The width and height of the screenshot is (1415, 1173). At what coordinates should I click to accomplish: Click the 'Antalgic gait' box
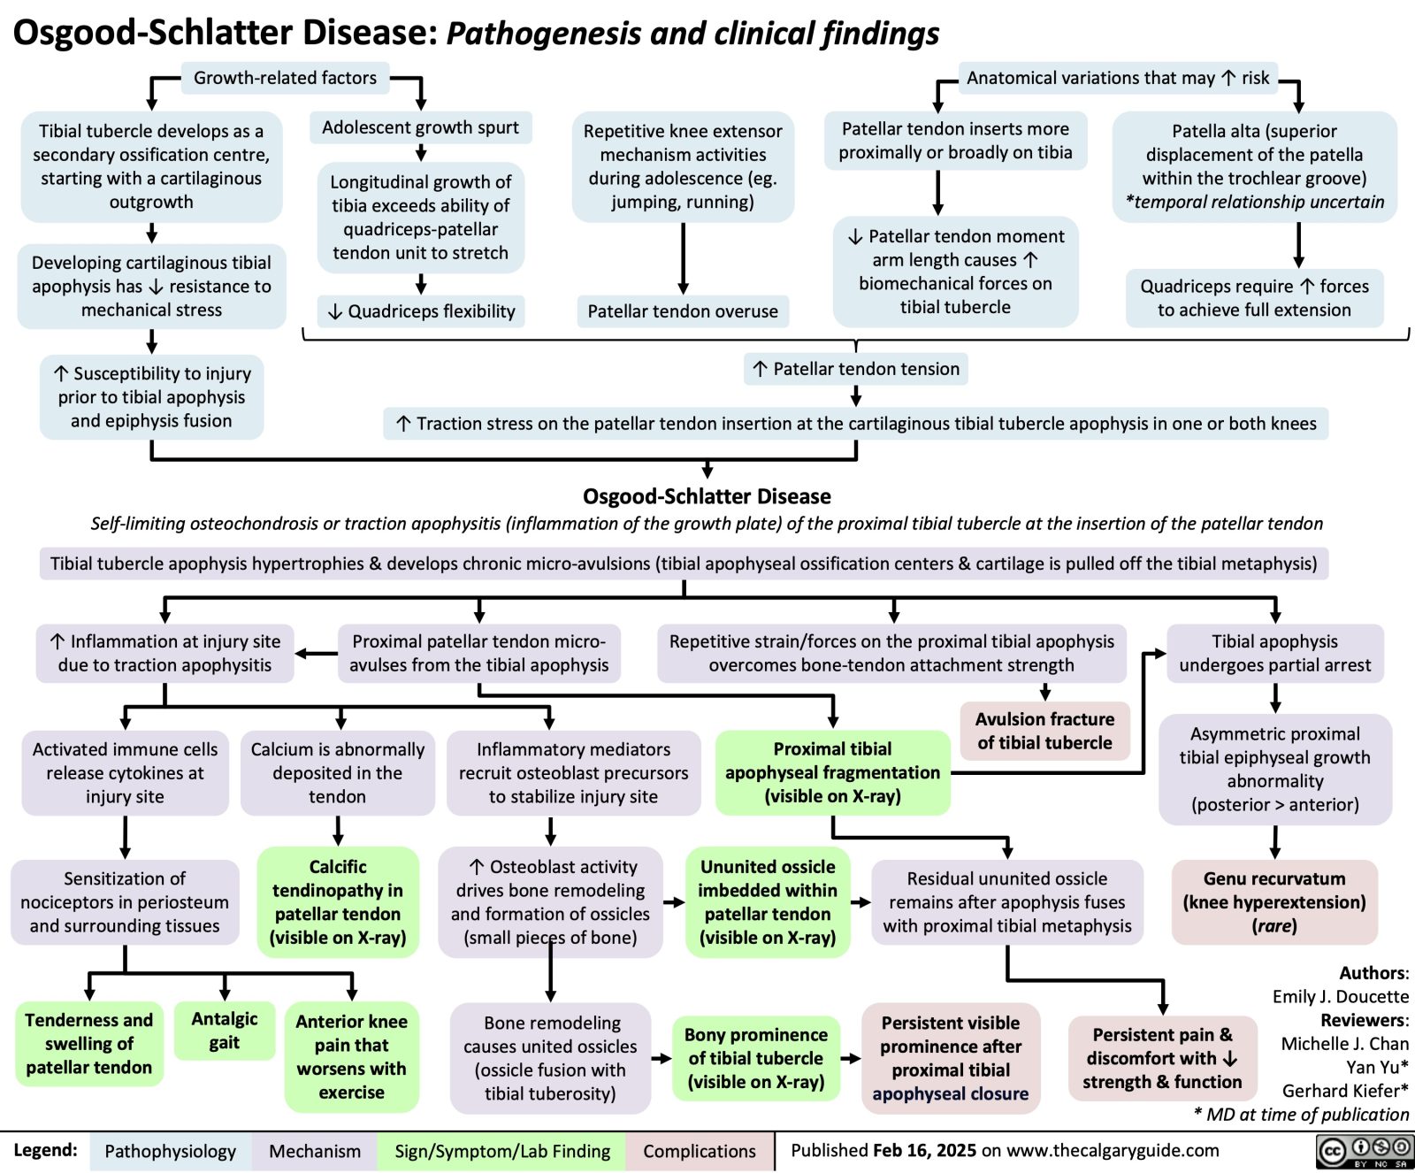pyautogui.click(x=225, y=1031)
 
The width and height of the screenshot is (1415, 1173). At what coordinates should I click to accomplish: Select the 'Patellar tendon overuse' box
pyautogui.click(x=683, y=311)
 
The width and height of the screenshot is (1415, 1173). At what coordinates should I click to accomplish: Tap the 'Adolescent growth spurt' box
pyautogui.click(x=420, y=127)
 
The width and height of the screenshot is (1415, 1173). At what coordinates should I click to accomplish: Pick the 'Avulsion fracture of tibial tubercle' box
pyautogui.click(x=1044, y=731)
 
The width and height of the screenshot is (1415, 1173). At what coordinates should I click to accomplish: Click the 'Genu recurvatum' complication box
pyautogui.click(x=1274, y=901)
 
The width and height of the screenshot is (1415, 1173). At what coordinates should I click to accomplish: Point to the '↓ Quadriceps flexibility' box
pyautogui.click(x=421, y=311)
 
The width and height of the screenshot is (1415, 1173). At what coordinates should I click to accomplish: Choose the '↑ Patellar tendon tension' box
pyautogui.click(x=856, y=369)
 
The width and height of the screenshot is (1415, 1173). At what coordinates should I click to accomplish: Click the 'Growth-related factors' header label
pyautogui.click(x=285, y=78)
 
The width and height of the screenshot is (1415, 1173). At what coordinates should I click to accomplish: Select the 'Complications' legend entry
pyautogui.click(x=699, y=1151)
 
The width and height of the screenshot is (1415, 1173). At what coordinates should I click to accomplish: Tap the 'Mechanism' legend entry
pyautogui.click(x=315, y=1151)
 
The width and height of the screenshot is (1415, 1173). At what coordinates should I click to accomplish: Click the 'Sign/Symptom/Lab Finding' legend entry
pyautogui.click(x=502, y=1151)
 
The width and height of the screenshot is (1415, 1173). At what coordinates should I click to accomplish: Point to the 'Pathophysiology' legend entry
pyautogui.click(x=170, y=1151)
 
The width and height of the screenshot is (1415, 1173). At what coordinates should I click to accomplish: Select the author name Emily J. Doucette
pyautogui.click(x=1340, y=996)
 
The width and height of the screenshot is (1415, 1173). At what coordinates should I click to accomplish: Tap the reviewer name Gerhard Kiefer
pyautogui.click(x=1344, y=1091)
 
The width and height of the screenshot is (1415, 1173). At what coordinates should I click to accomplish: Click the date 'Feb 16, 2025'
pyautogui.click(x=924, y=1150)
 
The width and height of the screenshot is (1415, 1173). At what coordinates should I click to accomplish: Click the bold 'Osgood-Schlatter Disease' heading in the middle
pyautogui.click(x=707, y=496)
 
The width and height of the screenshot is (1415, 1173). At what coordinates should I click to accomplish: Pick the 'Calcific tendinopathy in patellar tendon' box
pyautogui.click(x=338, y=901)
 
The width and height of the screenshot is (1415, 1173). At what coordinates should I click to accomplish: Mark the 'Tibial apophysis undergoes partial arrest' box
pyautogui.click(x=1274, y=653)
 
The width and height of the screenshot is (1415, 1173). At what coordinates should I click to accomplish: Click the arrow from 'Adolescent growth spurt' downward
pyautogui.click(x=421, y=152)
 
